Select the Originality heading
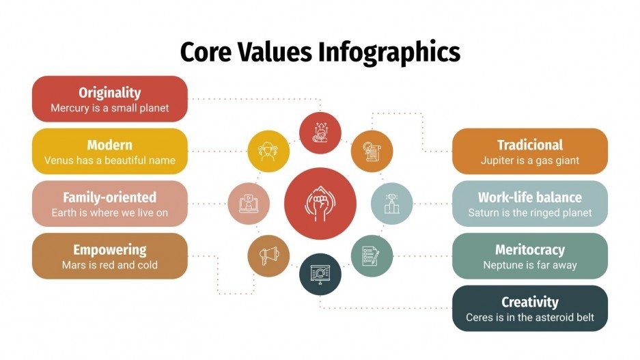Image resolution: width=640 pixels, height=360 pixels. point(109,92)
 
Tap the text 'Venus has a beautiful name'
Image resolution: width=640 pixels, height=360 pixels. point(109,161)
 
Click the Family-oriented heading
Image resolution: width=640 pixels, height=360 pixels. point(109,197)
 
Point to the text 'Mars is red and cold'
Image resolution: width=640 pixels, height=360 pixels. point(109,265)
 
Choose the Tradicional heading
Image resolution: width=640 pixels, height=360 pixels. point(529,145)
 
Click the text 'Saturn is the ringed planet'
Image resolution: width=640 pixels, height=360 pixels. point(529,212)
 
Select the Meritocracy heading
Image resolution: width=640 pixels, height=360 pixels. point(529,249)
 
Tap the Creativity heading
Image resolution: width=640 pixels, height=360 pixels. point(529,302)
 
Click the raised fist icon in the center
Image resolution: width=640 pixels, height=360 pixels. point(320,203)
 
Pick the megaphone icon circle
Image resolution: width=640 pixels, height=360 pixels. point(268,255)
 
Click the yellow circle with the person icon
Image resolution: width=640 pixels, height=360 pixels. point(268,150)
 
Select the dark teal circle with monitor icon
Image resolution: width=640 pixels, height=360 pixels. point(320,274)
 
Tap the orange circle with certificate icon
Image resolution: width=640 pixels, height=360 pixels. point(372,150)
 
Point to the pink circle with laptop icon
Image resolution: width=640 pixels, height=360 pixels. point(248,203)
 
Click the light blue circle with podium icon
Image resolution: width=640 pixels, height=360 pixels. point(391,203)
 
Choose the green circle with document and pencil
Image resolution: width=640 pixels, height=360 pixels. point(372,255)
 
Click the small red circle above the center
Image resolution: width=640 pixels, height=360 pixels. point(320,132)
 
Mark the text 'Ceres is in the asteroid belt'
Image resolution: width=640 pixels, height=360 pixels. point(529,317)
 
